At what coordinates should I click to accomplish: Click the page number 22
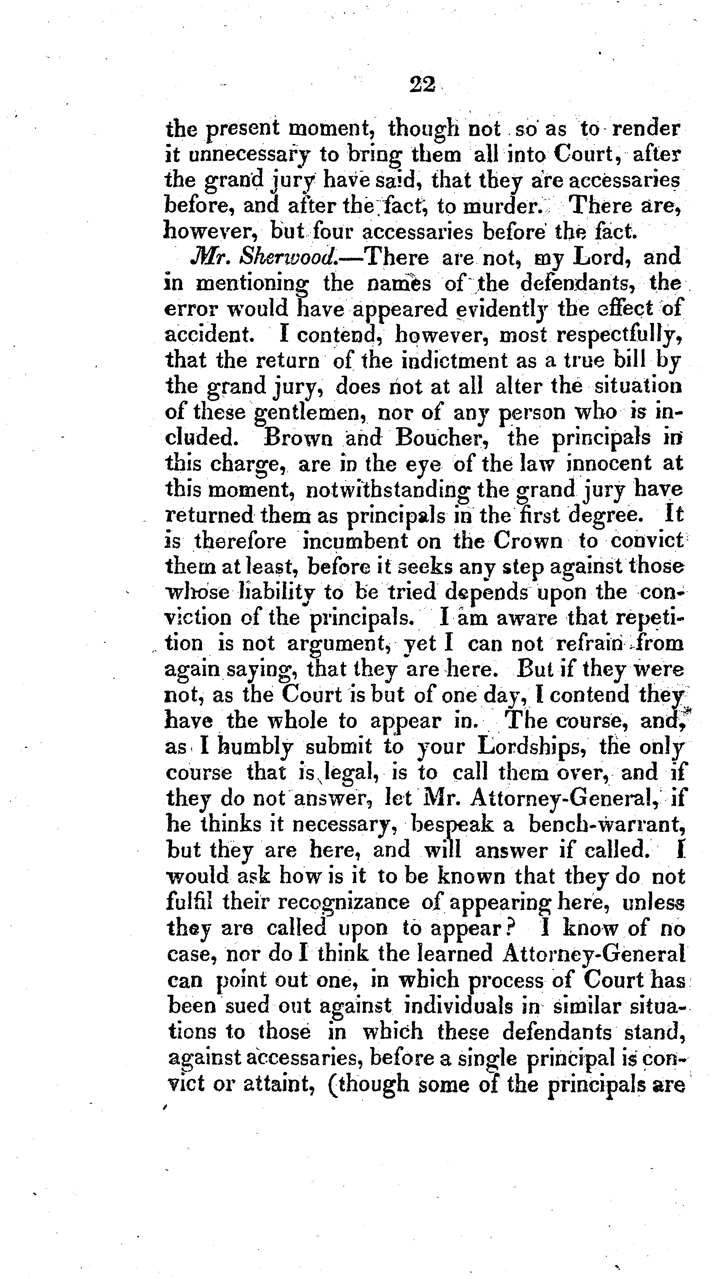click(x=422, y=84)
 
